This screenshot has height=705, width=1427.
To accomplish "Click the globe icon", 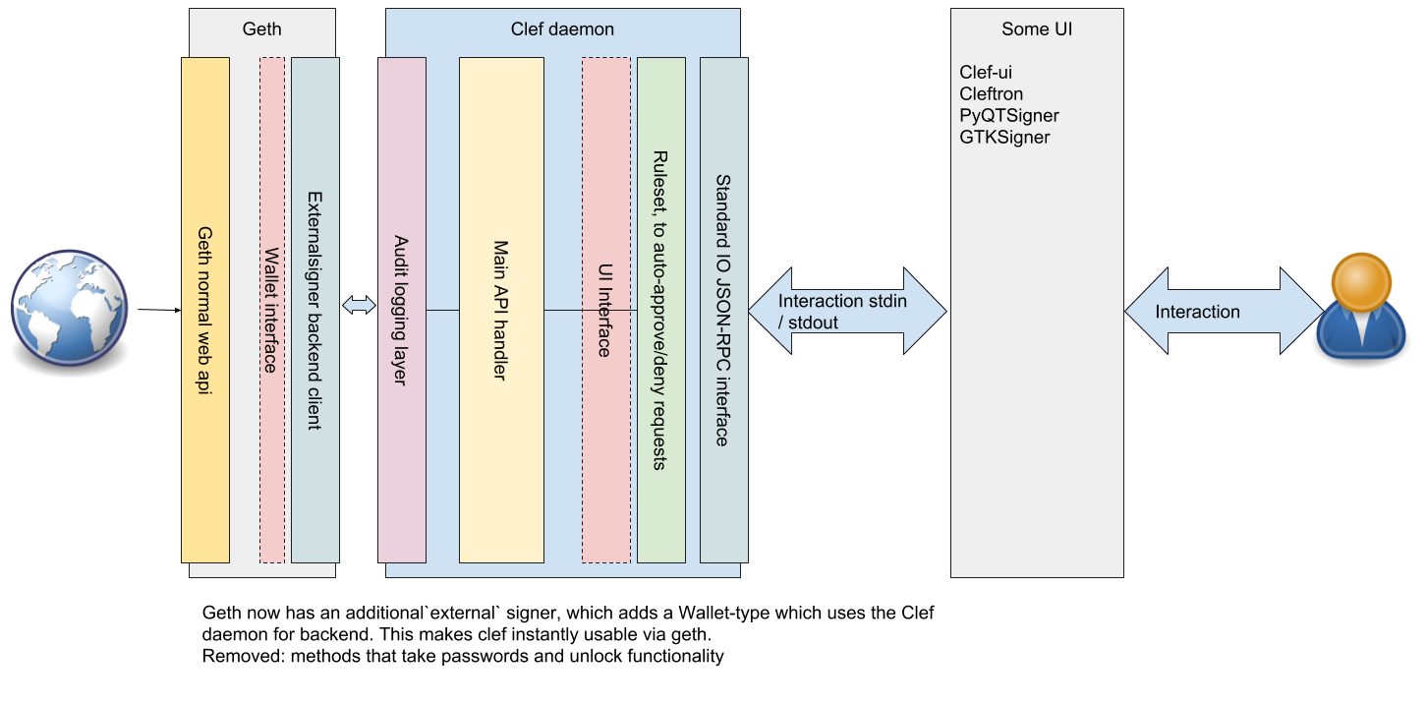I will point(70,308).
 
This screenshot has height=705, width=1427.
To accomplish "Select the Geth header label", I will point(261,29).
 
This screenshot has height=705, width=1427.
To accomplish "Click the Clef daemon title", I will point(562,29).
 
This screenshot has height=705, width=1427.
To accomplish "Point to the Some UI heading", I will point(1037,29).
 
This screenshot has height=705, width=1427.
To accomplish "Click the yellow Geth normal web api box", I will point(205,310).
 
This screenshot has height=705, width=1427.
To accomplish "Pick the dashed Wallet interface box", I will point(272,310).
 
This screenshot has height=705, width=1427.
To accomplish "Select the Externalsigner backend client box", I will point(314,310).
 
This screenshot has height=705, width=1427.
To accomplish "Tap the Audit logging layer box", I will point(402,310).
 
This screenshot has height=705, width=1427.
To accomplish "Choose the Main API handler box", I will point(501,310).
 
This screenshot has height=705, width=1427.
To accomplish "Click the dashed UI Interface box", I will point(605,310).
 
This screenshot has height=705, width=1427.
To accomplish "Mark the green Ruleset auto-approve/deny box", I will point(660,310).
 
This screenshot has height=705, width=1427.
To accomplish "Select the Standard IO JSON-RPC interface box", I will point(723,310).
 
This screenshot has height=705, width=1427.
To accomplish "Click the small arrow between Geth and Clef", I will point(359,306).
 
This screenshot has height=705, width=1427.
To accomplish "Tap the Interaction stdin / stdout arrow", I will point(846,312).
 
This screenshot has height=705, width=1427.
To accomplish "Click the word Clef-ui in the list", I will point(986,73).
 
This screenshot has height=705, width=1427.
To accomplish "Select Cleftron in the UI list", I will point(992,94).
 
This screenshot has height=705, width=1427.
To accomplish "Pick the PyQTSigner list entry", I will point(1009,116).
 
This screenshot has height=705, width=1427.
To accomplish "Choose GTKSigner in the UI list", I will point(1004,138).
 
